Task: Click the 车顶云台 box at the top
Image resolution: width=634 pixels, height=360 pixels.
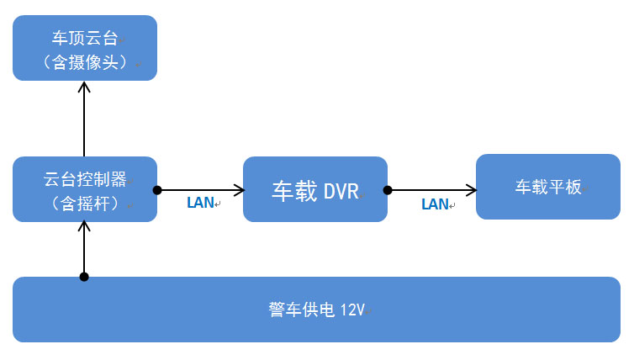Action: click(x=85, y=48)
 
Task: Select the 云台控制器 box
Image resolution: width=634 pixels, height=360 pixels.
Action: click(x=85, y=189)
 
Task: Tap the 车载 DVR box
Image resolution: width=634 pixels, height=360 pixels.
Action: click(x=315, y=189)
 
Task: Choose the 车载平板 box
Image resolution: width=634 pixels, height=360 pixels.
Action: click(x=547, y=187)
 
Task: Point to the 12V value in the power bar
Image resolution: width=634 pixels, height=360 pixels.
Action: click(x=352, y=310)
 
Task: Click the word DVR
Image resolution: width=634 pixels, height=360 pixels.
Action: click(x=341, y=191)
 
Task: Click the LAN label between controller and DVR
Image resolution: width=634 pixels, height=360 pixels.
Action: click(x=199, y=203)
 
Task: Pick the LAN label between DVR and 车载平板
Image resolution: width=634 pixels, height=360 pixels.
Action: click(x=434, y=204)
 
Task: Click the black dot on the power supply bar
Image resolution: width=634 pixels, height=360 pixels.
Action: click(x=84, y=277)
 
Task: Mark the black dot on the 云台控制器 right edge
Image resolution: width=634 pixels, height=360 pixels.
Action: click(x=157, y=190)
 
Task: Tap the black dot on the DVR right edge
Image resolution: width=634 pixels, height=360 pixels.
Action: click(x=388, y=190)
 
